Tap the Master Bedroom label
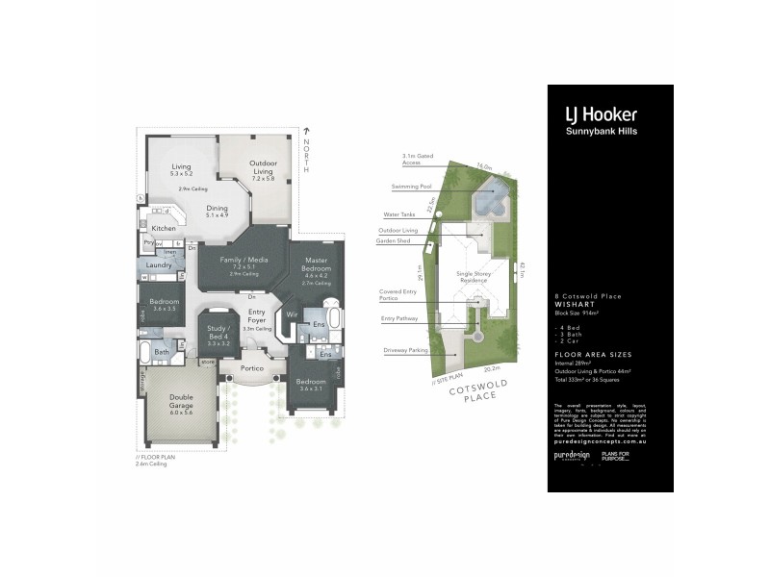[317, 264]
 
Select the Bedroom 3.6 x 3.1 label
[310, 383]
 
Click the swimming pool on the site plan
[492, 199]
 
